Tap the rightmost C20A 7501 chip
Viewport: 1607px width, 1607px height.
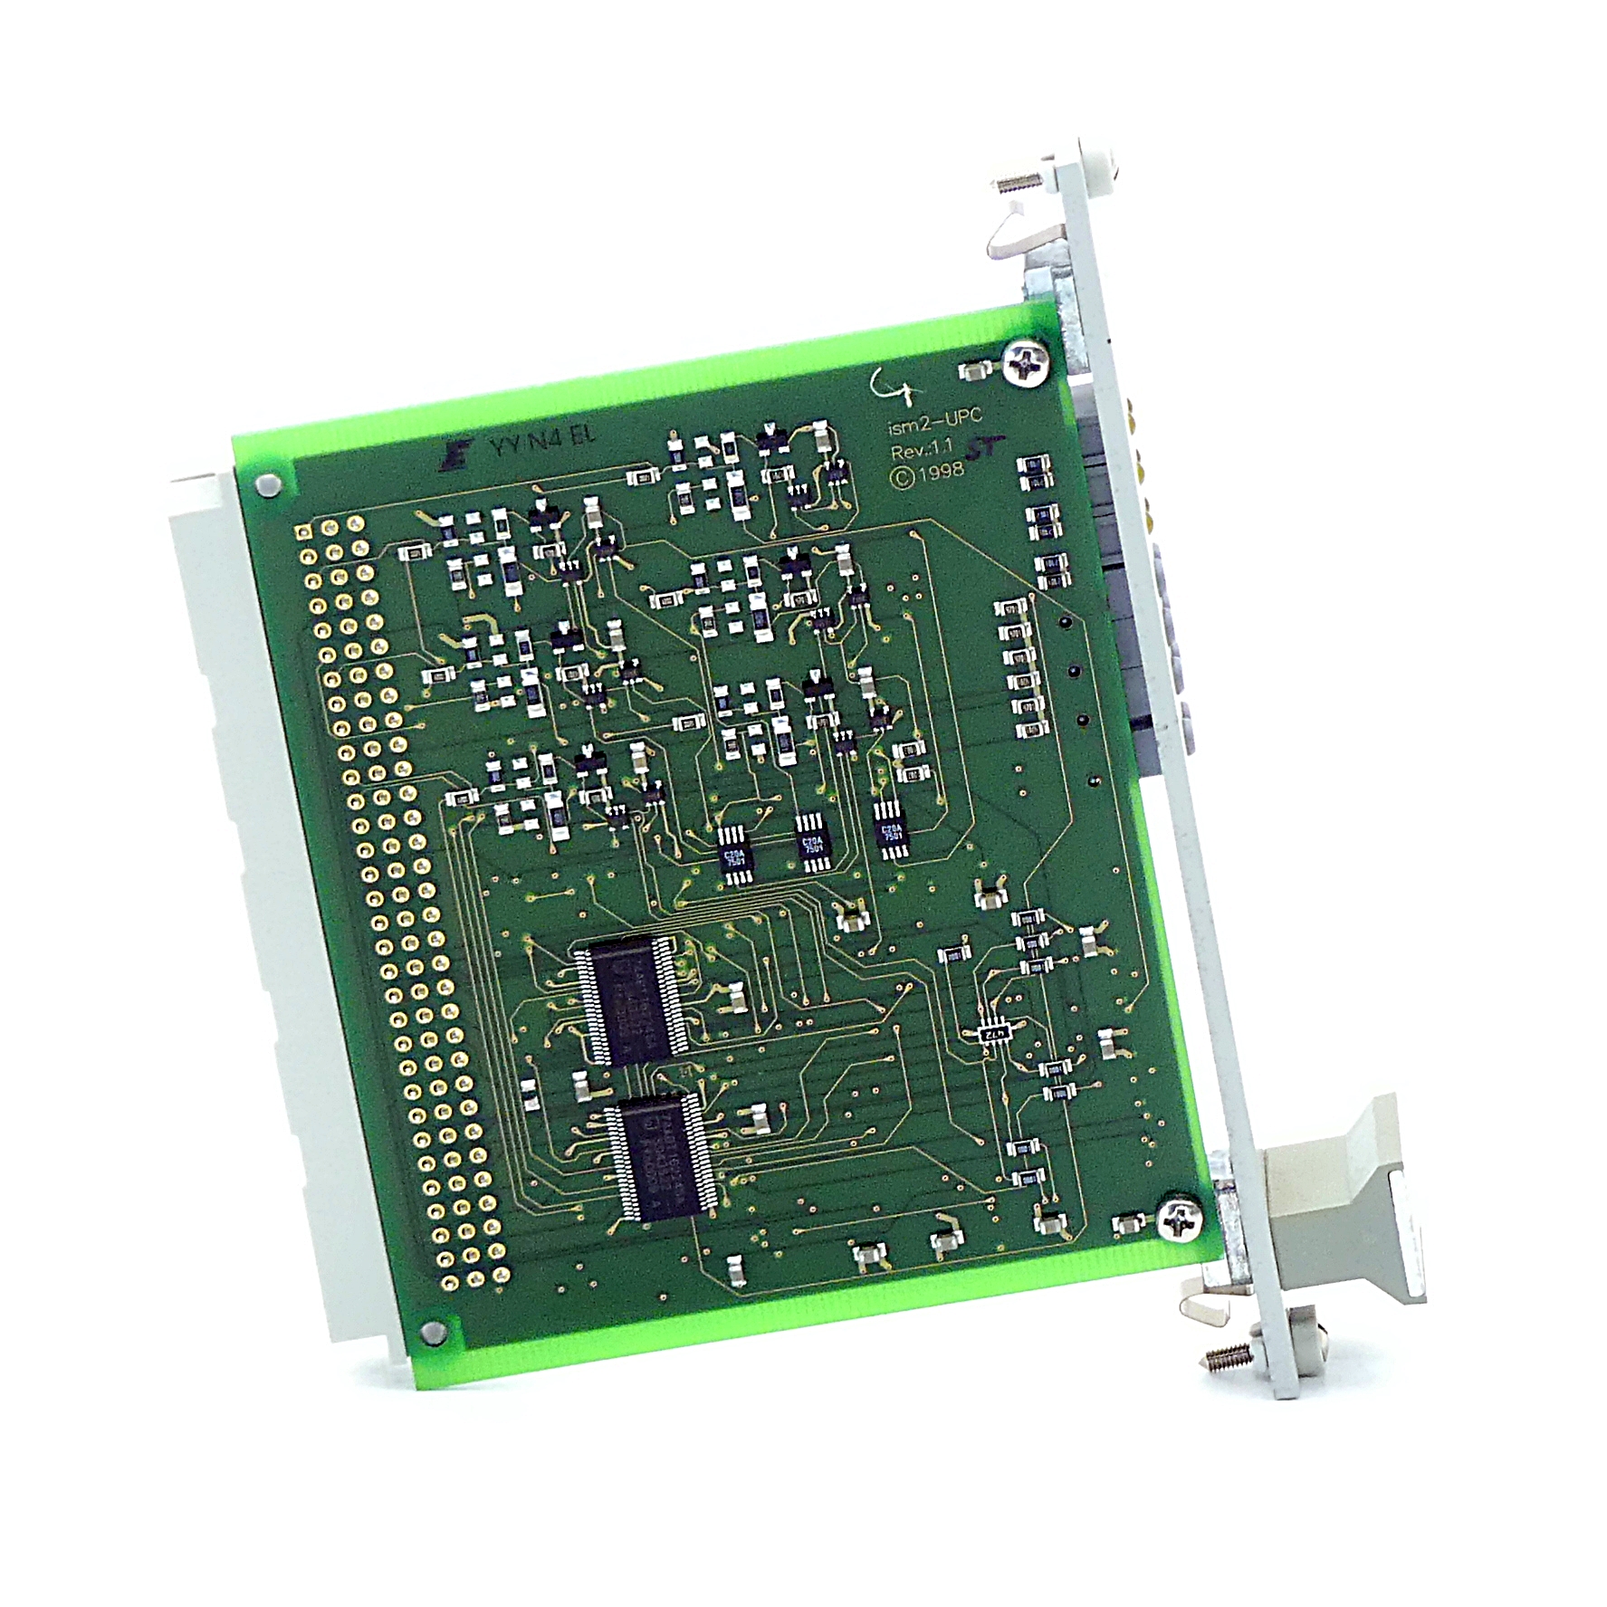click(x=891, y=830)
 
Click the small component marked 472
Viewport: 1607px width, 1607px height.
click(x=994, y=1034)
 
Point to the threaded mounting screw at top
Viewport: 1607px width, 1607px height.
click(x=1013, y=184)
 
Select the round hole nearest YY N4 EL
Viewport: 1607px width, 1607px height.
click(x=266, y=486)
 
